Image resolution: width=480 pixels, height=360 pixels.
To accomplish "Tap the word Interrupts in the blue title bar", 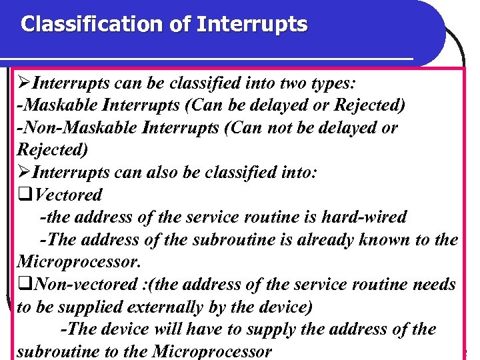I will (x=252, y=25).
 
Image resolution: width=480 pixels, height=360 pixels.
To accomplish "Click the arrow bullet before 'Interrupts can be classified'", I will (x=24, y=83).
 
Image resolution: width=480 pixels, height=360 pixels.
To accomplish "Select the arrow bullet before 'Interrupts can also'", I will (x=24, y=173).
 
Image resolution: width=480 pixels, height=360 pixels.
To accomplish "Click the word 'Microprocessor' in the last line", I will (x=212, y=351).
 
